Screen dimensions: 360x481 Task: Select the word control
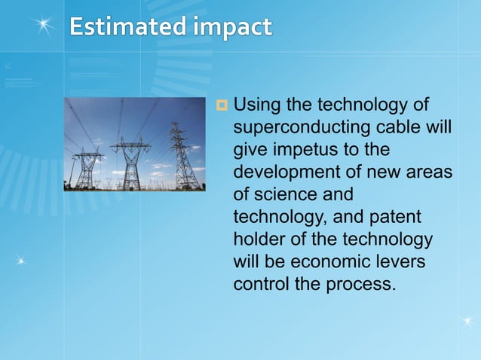tap(261, 285)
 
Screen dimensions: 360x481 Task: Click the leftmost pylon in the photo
tap(88, 168)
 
